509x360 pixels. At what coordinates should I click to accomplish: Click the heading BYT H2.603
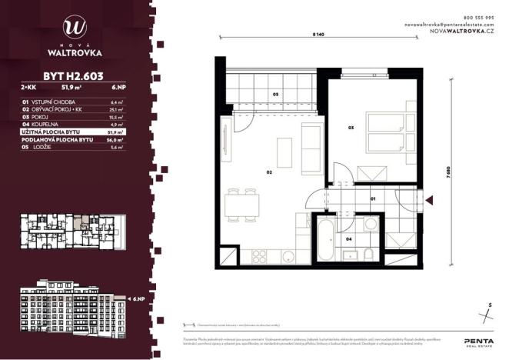tap(73, 75)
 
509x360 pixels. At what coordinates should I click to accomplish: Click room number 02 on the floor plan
tap(270, 173)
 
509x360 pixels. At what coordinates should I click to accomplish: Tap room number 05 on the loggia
tap(276, 95)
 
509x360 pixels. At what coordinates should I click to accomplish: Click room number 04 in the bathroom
tap(349, 239)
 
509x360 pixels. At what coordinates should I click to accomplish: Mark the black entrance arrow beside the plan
tap(431, 202)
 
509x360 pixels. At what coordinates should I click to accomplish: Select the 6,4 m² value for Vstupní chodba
tap(118, 102)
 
